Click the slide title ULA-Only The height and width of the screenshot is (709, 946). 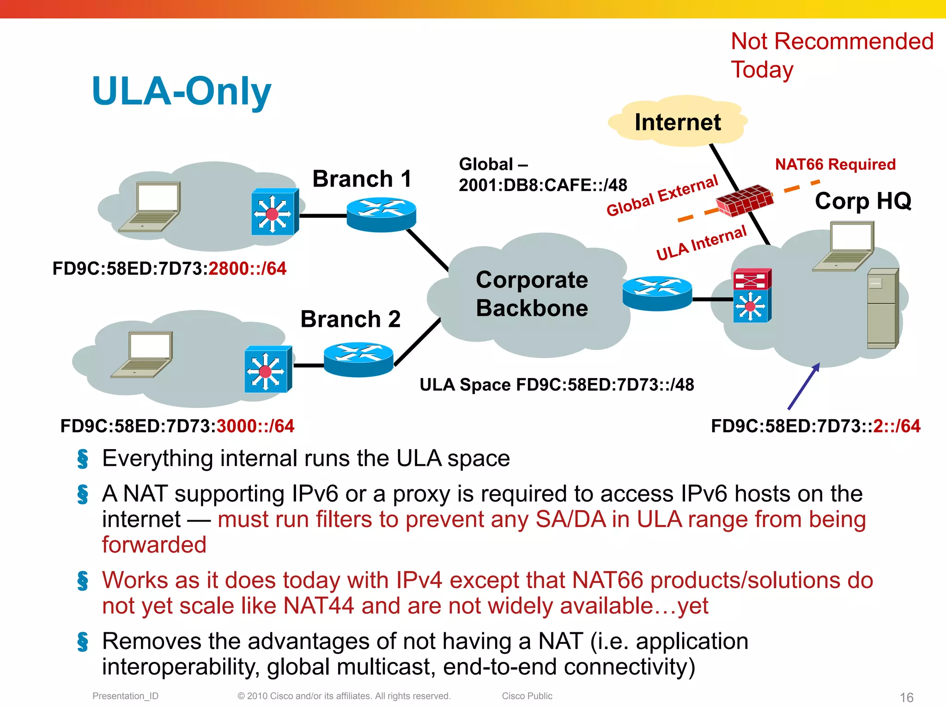181,91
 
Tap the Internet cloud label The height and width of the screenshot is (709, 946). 677,122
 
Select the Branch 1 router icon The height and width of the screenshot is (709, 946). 381,214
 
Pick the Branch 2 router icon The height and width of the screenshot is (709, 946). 358,359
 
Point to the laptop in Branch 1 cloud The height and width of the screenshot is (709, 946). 151,206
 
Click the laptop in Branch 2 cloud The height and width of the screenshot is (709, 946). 142,354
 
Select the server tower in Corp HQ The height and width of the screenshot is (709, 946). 882,308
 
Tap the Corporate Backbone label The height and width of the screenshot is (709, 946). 532,294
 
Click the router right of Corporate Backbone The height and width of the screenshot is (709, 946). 657,293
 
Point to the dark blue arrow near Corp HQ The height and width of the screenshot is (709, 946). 804,386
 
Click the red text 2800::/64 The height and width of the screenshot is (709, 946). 247,268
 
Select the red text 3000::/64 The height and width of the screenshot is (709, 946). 255,426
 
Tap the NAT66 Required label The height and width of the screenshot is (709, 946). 835,164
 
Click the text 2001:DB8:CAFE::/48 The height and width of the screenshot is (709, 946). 543,185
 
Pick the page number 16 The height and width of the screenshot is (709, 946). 906,697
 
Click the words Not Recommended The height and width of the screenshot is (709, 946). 832,42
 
